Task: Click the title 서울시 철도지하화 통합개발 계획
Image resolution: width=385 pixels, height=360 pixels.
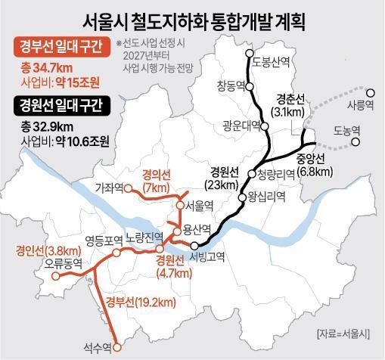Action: [x=192, y=16]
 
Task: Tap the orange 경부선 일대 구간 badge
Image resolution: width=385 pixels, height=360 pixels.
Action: [x=61, y=49]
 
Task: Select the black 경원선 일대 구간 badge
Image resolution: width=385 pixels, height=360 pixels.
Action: [x=61, y=104]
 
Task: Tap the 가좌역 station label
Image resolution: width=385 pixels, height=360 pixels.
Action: [x=110, y=187]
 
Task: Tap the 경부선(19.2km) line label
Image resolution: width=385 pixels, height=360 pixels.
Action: [x=141, y=303]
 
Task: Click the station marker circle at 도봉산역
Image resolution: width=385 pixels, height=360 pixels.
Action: [x=249, y=54]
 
